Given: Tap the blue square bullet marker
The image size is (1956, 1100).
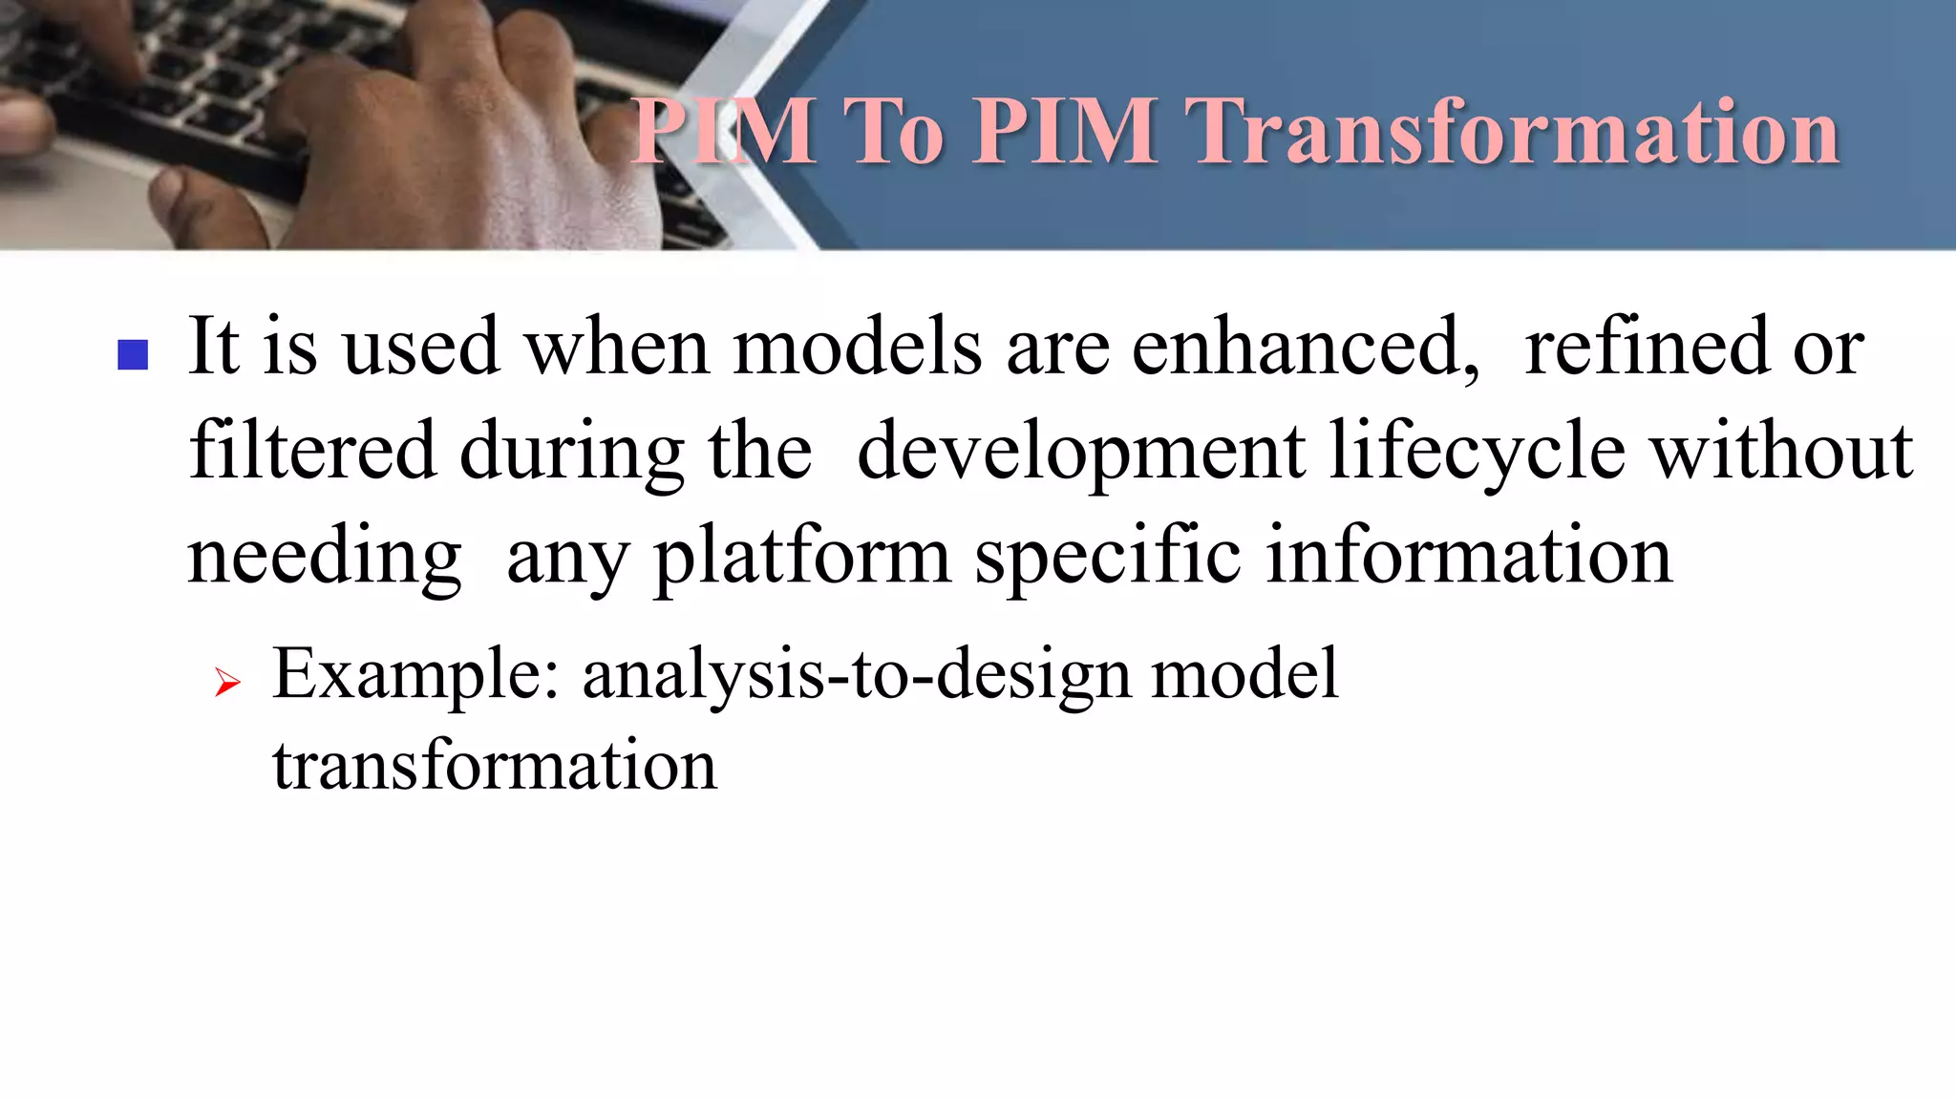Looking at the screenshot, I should (x=133, y=355).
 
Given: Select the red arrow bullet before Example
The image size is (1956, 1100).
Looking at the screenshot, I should (x=227, y=682).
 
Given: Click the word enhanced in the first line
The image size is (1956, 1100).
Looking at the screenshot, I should (x=1304, y=346).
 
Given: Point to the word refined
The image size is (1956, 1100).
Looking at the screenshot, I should (x=1647, y=346).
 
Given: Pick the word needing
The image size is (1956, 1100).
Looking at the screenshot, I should (x=325, y=558).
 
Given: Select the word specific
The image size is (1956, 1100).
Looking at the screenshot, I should (x=1107, y=558).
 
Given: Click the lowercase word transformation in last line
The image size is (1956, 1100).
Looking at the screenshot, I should (x=494, y=765).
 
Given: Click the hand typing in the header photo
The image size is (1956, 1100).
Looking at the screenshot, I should (x=458, y=134).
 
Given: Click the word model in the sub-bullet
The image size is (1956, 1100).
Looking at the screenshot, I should (x=1244, y=674).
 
